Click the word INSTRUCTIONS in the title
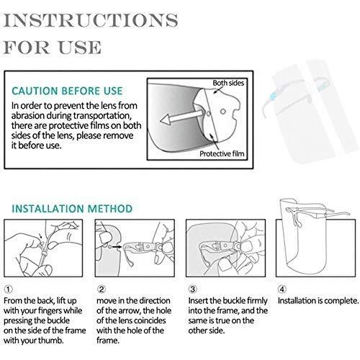91,21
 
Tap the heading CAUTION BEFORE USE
67,91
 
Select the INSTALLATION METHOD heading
72,209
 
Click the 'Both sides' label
228,83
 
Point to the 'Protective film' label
222,153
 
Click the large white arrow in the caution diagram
181,117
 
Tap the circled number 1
9,289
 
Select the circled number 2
102,289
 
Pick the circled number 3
192,289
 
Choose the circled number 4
282,289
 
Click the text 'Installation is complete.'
318,301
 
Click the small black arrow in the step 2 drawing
117,246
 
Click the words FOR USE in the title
53,48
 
